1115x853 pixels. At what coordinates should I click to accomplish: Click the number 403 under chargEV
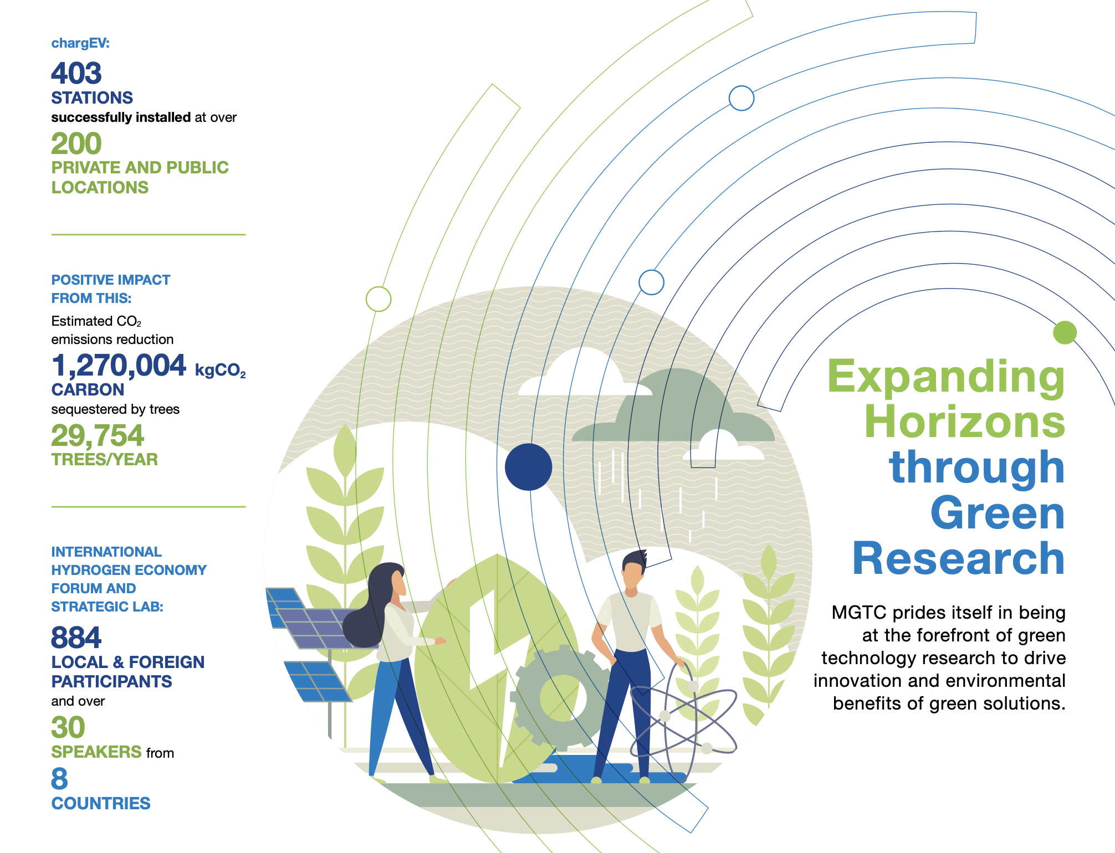76,73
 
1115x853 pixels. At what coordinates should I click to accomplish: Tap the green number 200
76,143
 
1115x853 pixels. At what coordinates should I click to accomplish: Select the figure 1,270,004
119,366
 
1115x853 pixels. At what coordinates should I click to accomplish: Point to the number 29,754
98,435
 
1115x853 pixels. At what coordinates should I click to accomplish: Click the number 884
76,638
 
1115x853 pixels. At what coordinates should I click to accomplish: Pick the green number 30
68,727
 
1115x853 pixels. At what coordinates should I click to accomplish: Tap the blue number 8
59,779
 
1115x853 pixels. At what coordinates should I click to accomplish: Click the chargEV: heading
80,43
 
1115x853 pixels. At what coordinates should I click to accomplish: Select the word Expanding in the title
946,378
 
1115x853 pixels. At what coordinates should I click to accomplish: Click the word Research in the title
959,558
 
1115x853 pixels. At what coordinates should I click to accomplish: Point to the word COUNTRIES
101,803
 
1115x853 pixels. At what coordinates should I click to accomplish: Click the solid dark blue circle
529,467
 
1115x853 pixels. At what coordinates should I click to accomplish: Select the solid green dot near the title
1065,332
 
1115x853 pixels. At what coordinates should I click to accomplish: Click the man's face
633,577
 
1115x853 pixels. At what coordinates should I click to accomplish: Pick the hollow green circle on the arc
379,299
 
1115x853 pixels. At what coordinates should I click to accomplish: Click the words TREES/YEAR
105,460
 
